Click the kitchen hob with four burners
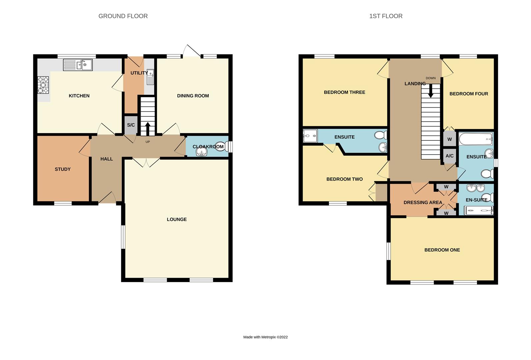coord(43,85)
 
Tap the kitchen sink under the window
coord(78,65)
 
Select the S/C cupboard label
coord(131,125)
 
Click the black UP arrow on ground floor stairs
coord(148,129)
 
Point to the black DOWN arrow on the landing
coord(430,90)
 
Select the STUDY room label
coord(63,169)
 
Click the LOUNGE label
coord(177,219)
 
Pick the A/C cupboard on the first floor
coord(449,156)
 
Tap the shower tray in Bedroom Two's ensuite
coord(310,136)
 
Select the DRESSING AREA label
coord(423,202)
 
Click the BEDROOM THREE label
coord(344,92)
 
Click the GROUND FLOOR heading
coord(123,16)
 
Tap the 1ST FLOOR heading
coord(386,16)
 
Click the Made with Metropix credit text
coord(265,337)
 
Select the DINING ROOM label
coord(193,96)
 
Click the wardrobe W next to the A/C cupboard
coord(449,139)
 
